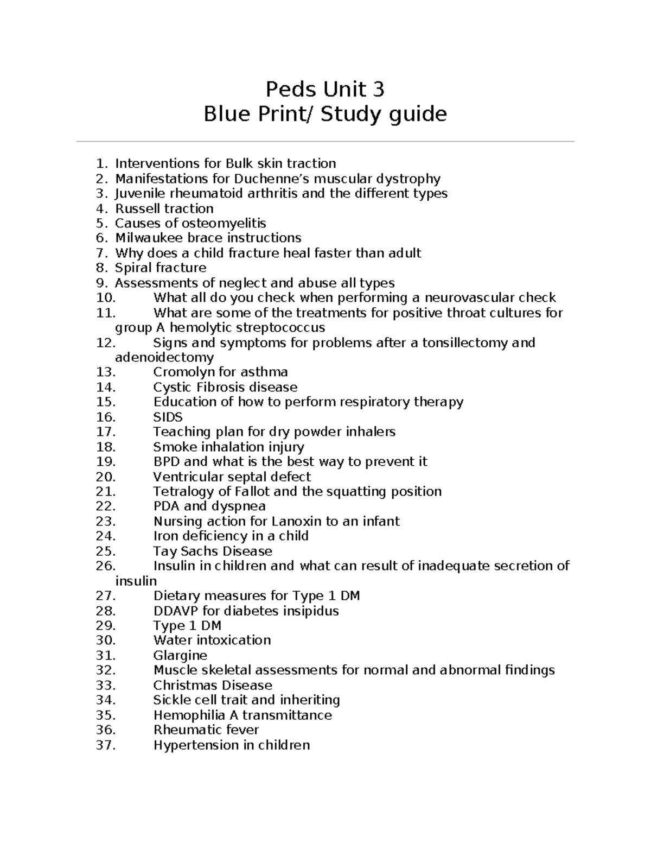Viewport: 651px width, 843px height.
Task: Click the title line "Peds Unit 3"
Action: pyautogui.click(x=324, y=89)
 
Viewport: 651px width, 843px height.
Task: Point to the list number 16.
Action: pyautogui.click(x=105, y=417)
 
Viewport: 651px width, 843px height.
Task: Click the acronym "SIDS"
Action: pyautogui.click(x=168, y=417)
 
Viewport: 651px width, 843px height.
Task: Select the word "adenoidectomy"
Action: pyautogui.click(x=164, y=358)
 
